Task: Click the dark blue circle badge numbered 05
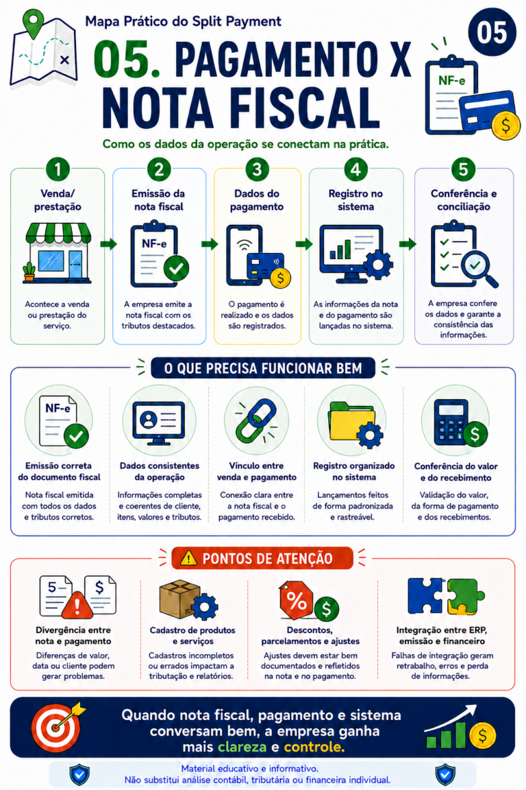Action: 492,32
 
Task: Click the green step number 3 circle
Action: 258,169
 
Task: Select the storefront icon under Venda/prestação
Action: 58,253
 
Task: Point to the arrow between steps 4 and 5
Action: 408,244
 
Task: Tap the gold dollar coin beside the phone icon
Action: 280,278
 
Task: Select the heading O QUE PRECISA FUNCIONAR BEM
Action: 263,368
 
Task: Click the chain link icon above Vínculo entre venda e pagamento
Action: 256,421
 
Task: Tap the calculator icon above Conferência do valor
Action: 451,422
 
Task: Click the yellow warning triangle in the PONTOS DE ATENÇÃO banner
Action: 188,558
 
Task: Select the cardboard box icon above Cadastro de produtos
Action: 179,599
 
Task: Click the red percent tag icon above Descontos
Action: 297,599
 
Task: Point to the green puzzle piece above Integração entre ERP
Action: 465,597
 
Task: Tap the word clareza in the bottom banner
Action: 242,747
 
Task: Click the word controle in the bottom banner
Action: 314,747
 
